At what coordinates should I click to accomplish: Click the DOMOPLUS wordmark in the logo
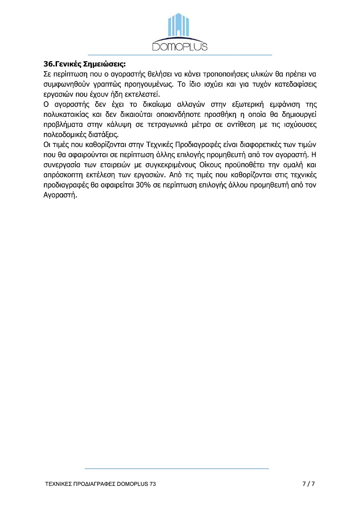point(180,46)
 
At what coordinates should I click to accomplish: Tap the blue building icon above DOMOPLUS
point(180,27)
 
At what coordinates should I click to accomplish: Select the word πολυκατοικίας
point(61,114)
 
